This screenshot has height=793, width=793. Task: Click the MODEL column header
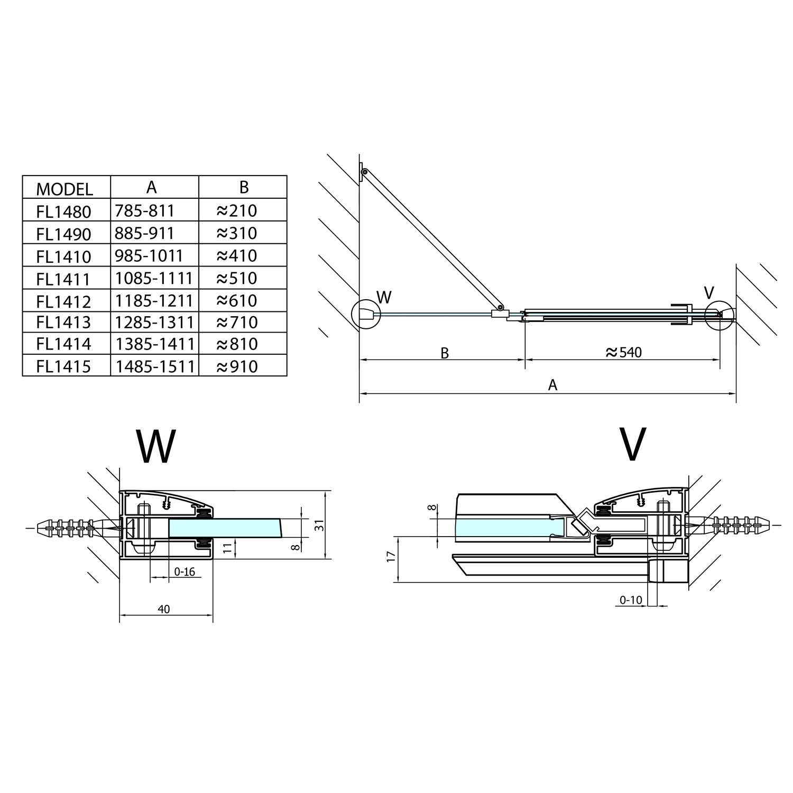point(64,189)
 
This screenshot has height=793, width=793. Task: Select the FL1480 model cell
point(64,211)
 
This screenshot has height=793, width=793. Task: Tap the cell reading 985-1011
point(149,256)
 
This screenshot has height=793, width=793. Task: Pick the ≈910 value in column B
point(237,366)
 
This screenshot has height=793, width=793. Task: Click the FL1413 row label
point(64,322)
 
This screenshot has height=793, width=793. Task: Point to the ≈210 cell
point(237,211)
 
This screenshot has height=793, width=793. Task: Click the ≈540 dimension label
point(623,352)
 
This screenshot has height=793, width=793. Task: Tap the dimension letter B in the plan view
point(445,353)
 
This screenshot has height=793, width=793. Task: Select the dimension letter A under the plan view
point(552,385)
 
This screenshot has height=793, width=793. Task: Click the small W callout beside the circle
point(384,298)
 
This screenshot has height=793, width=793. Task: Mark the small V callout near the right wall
point(709,293)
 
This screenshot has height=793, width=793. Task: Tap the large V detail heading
point(632,444)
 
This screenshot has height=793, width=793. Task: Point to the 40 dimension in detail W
point(164,609)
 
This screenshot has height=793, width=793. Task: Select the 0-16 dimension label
point(185,571)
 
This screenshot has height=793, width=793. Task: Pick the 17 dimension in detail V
point(391,557)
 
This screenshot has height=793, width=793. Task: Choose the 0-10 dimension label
point(631,600)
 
